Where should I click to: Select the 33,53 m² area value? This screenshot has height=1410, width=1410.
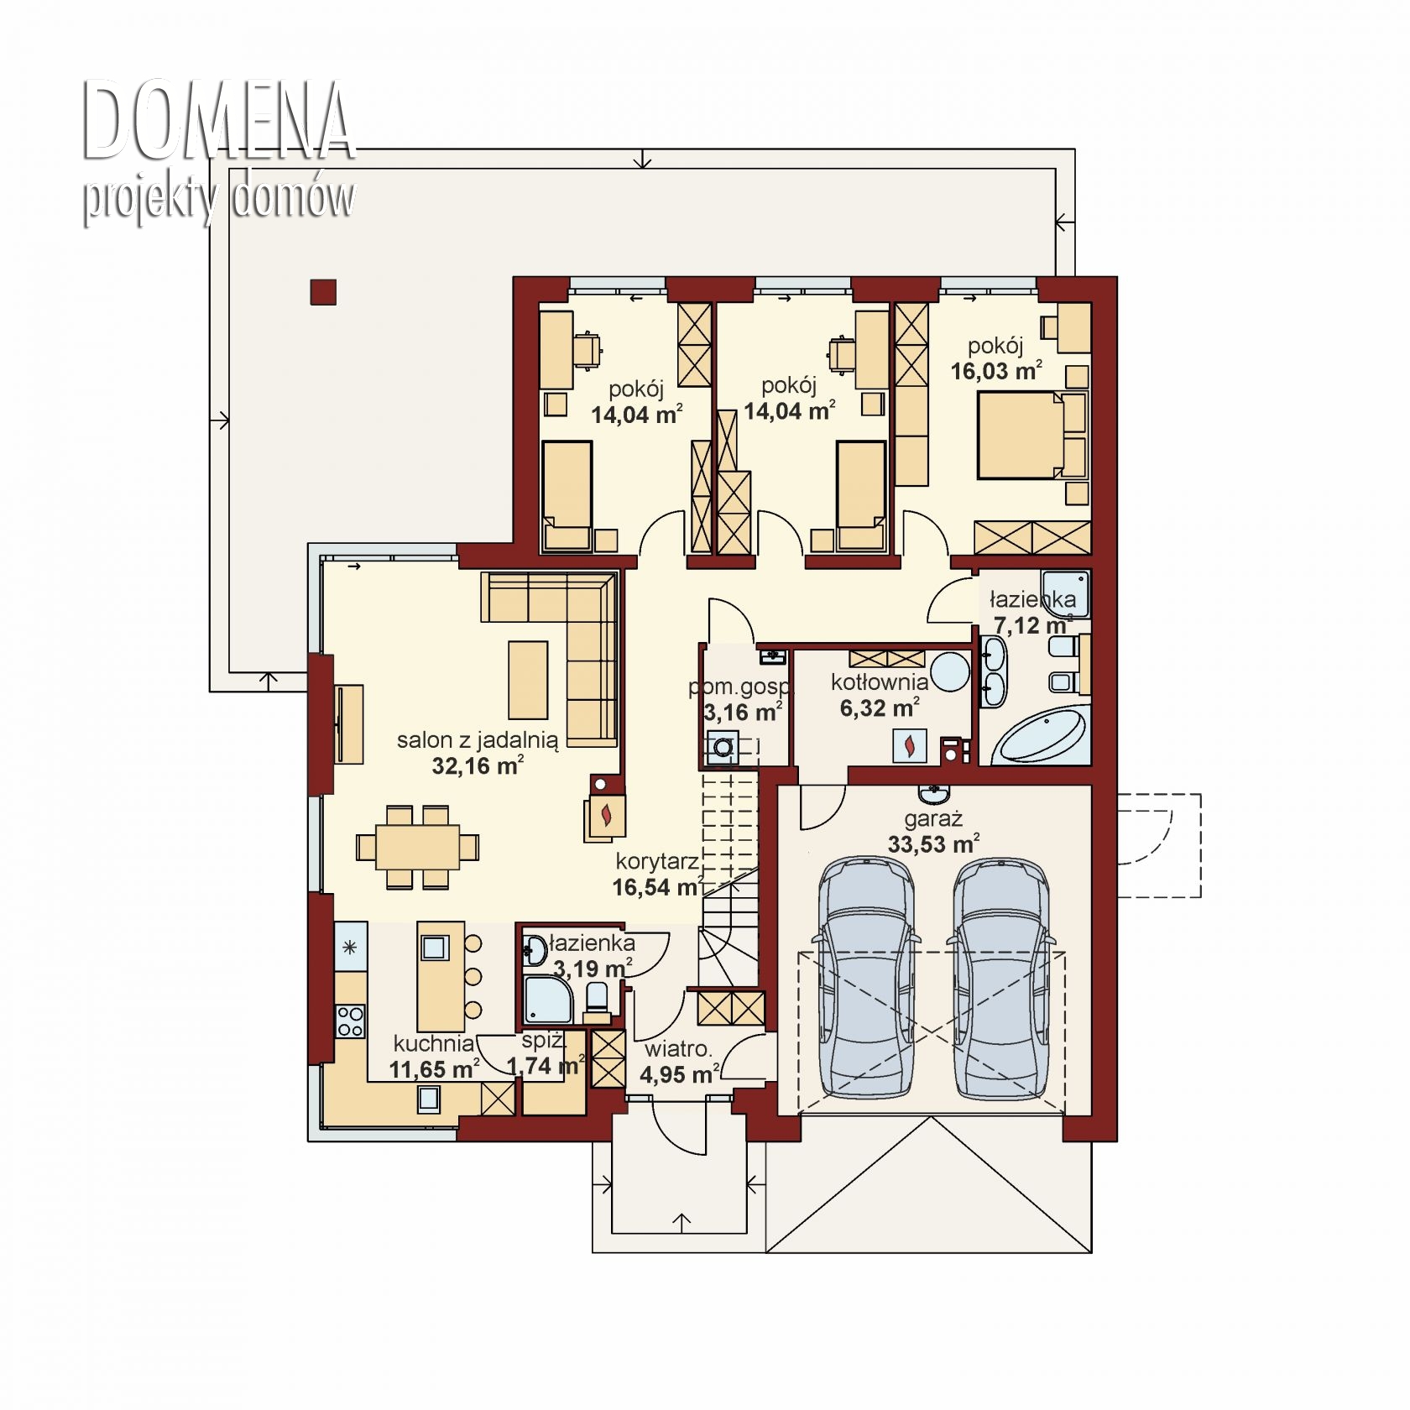(933, 843)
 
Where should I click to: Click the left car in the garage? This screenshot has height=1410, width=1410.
(866, 978)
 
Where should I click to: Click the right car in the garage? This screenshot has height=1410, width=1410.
(1000, 978)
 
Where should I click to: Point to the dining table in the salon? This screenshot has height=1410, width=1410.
(418, 847)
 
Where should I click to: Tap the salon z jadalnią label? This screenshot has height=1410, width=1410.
(478, 740)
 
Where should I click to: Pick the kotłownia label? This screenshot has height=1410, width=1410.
(880, 681)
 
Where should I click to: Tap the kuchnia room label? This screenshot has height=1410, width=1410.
(434, 1043)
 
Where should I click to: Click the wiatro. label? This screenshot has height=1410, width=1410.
(678, 1048)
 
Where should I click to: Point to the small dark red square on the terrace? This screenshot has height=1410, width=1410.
(324, 291)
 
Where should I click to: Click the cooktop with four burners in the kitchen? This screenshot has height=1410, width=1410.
(350, 1021)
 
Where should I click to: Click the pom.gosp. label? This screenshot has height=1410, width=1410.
(739, 687)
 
